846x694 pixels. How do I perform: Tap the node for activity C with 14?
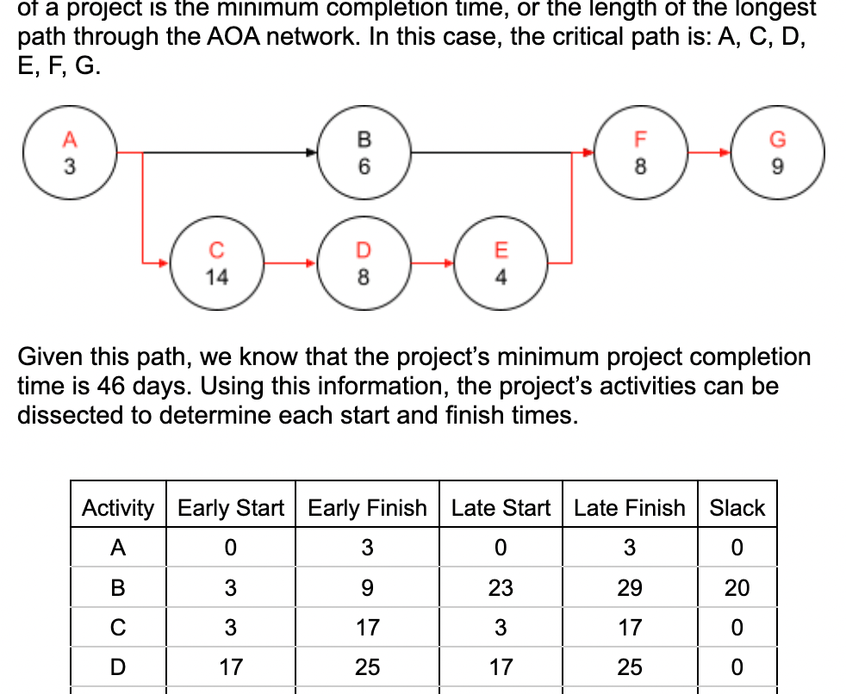[216, 262]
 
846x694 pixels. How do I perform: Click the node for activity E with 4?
[501, 262]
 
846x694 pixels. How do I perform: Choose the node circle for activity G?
[777, 152]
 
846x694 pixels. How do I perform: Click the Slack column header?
[737, 508]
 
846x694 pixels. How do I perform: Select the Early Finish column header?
[367, 508]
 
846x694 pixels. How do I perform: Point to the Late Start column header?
[501, 508]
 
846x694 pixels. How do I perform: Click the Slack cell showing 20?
[737, 588]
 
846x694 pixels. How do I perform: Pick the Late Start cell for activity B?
[501, 588]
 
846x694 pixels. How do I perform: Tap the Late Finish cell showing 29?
[630, 588]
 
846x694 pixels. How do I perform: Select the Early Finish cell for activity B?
[367, 588]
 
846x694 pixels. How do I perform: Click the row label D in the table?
[118, 666]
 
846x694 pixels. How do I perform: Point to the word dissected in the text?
[71, 415]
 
